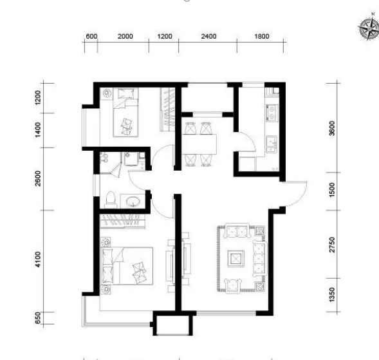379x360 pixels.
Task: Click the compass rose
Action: [x=369, y=28]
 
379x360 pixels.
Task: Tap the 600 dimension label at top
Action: [x=91, y=36]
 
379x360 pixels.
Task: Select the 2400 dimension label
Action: [x=209, y=36]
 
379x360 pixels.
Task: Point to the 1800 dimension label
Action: [x=262, y=36]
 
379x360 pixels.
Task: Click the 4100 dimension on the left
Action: [x=38, y=260]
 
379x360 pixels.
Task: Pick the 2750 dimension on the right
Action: [x=332, y=245]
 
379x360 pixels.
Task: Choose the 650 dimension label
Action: [x=38, y=317]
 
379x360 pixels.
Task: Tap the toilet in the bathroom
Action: [x=111, y=200]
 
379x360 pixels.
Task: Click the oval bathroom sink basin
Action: [x=133, y=201]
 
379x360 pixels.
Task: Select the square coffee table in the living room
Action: [x=236, y=259]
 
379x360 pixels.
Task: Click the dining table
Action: [x=199, y=144]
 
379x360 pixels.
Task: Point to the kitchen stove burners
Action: [x=272, y=113]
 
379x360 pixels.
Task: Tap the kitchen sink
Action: [x=272, y=144]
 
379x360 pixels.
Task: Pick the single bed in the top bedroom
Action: [x=125, y=112]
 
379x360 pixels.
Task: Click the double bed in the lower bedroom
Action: [x=127, y=265]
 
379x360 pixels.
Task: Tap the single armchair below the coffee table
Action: [x=233, y=285]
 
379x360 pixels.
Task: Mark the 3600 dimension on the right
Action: [x=332, y=128]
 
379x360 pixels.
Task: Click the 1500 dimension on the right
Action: [x=332, y=190]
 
